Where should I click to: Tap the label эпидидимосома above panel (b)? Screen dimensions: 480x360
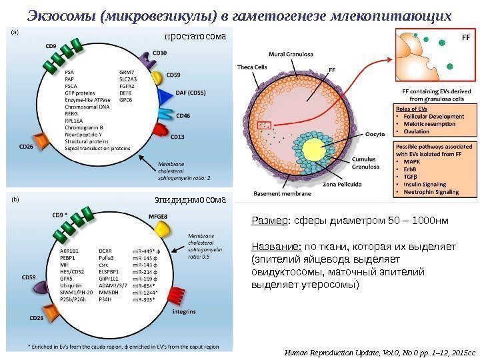pyautogui.click(x=191, y=199)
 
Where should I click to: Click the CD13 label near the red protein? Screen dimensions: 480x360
pyautogui.click(x=177, y=137)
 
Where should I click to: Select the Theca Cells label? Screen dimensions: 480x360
pyautogui.click(x=252, y=67)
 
